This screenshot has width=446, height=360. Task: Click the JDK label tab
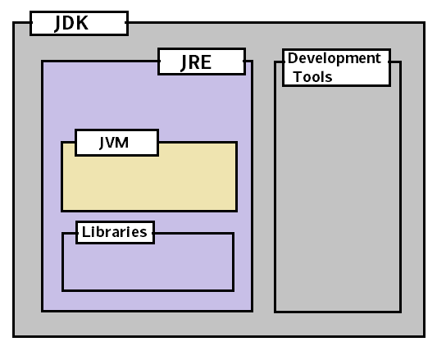tap(79, 23)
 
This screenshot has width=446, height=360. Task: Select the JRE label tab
tap(201, 62)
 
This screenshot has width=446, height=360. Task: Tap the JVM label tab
tap(116, 142)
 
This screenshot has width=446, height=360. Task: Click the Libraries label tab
tap(115, 232)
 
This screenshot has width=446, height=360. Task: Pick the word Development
tap(334, 58)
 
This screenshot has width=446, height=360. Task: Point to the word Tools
tap(312, 76)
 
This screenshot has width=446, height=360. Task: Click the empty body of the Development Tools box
tap(337, 197)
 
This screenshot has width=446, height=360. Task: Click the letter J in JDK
tap(59, 23)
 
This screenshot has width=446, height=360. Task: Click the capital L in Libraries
tap(85, 232)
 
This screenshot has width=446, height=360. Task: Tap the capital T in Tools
tap(297, 76)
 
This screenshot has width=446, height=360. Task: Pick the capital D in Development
tap(292, 58)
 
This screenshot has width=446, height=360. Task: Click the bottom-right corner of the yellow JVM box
tap(236, 211)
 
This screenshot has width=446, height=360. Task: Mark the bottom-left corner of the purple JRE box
tap(43, 311)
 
